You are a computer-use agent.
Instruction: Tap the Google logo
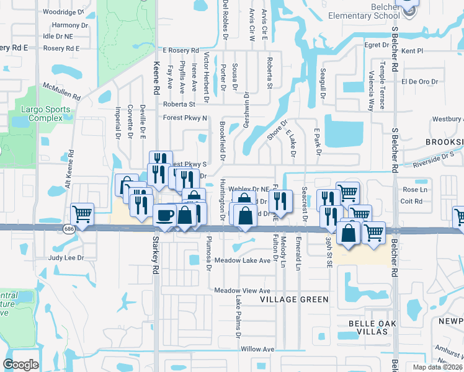click(20, 365)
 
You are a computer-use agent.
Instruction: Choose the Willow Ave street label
click(257, 350)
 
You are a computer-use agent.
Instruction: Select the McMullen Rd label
click(61, 92)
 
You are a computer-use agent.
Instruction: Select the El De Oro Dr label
click(419, 81)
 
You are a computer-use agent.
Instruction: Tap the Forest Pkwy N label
click(185, 117)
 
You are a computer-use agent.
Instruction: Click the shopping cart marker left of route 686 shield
click(83, 215)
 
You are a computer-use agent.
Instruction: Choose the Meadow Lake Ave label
click(243, 261)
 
